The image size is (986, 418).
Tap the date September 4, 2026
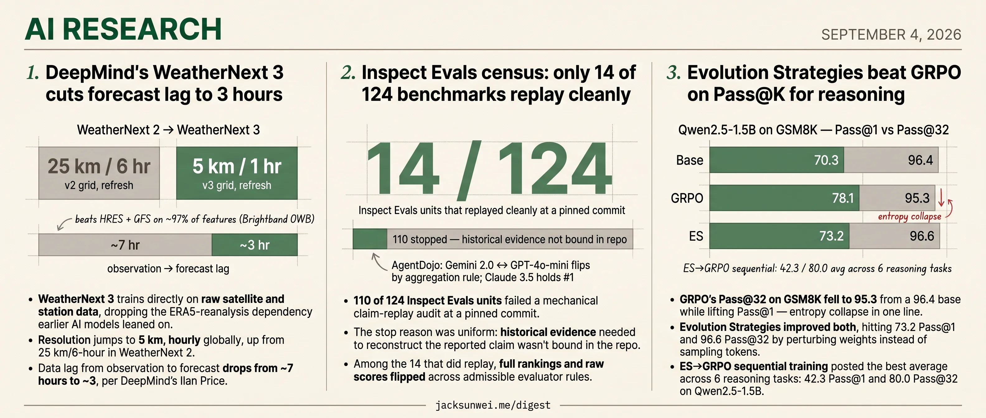(891, 35)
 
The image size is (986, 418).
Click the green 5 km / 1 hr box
(237, 173)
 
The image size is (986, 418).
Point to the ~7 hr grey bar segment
(125, 245)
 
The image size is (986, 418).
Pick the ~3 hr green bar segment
(255, 245)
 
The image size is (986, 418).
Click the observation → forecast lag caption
(168, 268)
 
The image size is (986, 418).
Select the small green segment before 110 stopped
(370, 239)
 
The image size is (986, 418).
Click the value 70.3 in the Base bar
(826, 160)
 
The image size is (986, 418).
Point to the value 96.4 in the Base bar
(921, 160)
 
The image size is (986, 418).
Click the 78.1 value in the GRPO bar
(843, 198)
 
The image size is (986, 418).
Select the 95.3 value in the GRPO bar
(917, 198)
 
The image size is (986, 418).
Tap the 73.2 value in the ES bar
(831, 236)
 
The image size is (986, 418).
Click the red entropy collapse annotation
(909, 216)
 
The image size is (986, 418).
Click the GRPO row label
(687, 198)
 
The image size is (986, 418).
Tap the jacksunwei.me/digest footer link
(493, 405)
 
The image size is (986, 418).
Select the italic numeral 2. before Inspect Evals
(348, 73)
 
